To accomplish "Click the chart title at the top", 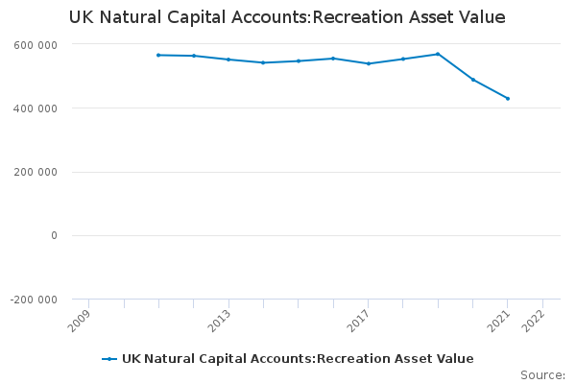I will pyautogui.click(x=287, y=18).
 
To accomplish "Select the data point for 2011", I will pyautogui.click(x=158, y=55).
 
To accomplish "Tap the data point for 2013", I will pyautogui.click(x=228, y=60).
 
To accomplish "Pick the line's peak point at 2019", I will pyautogui.click(x=438, y=54).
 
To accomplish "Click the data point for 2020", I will pyautogui.click(x=473, y=80).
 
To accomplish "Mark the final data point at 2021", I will pyautogui.click(x=508, y=99).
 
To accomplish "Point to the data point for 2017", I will pyautogui.click(x=369, y=63).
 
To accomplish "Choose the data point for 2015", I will pyautogui.click(x=299, y=60).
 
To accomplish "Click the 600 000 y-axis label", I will pyautogui.click(x=36, y=45).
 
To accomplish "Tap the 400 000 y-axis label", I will pyautogui.click(x=36, y=108).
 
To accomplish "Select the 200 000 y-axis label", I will pyautogui.click(x=36, y=173).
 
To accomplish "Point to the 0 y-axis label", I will pyautogui.click(x=54, y=236).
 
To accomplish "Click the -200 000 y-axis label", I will pyautogui.click(x=34, y=300).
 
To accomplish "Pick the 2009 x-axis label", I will pyautogui.click(x=83, y=320).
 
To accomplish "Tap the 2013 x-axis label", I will pyautogui.click(x=222, y=320).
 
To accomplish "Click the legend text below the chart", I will pyautogui.click(x=298, y=359).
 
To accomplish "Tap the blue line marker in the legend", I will pyautogui.click(x=109, y=359).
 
